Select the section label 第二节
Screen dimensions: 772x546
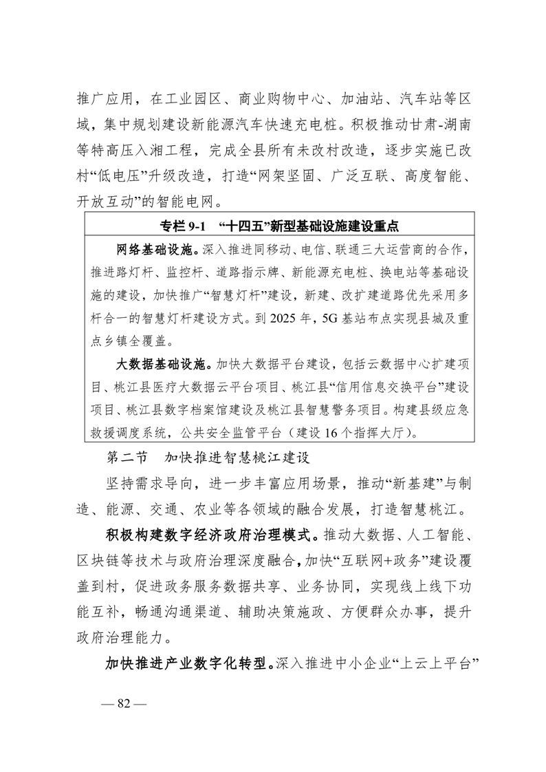[x=123, y=456]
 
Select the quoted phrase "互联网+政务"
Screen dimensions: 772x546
[x=363, y=558]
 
